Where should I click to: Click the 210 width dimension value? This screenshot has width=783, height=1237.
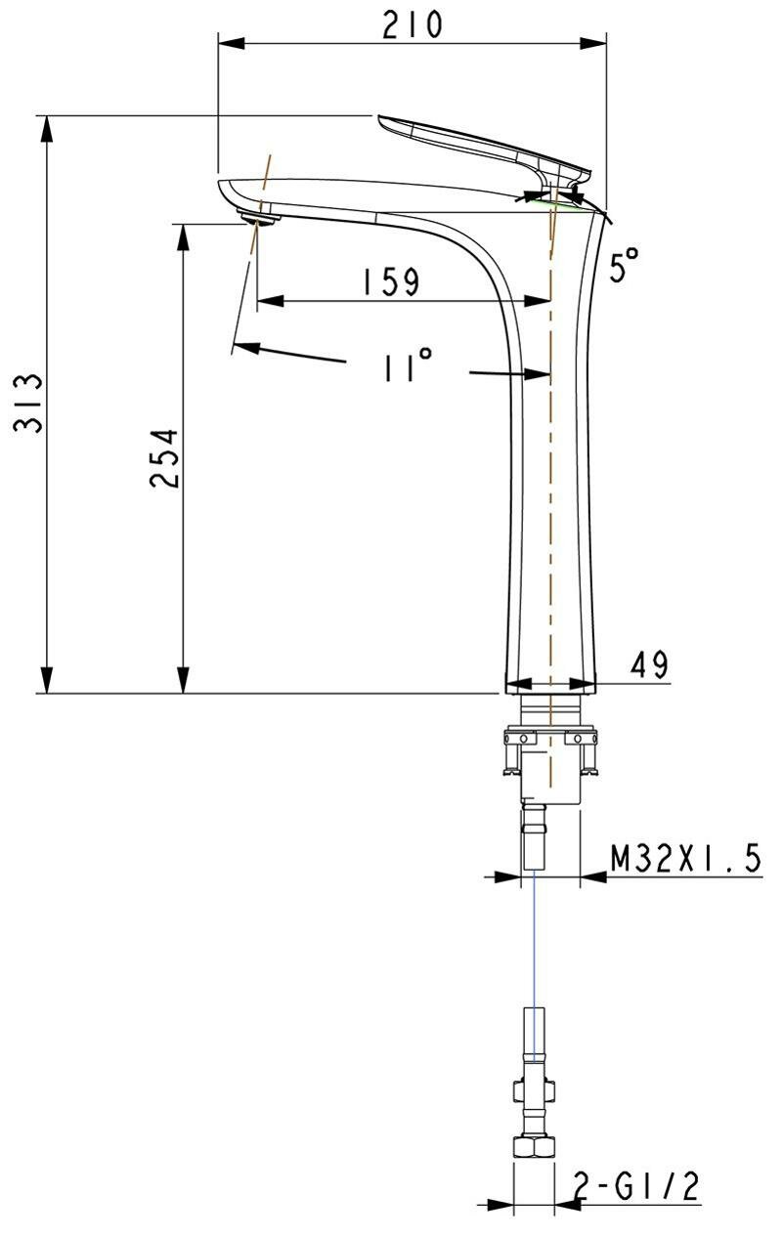(x=413, y=24)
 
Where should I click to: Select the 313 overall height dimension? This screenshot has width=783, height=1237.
(x=28, y=404)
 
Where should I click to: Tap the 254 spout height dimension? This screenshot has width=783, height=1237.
(x=164, y=457)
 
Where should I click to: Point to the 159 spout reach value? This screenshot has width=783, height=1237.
(x=391, y=281)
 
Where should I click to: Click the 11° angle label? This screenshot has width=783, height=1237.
(x=408, y=365)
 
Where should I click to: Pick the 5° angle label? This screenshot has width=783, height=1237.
(x=625, y=265)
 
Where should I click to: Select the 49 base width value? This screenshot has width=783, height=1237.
(x=649, y=664)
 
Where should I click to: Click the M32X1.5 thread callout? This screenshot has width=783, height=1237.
(x=686, y=858)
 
